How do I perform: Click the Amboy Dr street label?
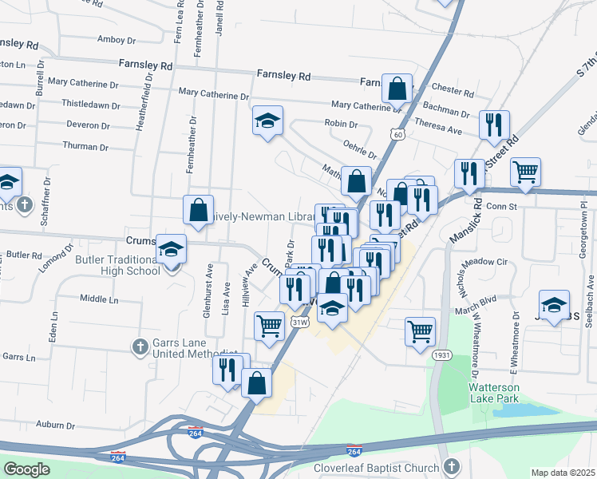[x=117, y=39]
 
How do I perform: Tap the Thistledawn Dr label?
[x=91, y=104]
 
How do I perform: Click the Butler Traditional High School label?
[x=117, y=265]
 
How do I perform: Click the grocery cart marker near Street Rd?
[x=525, y=171]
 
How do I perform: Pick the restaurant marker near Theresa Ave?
[x=493, y=125]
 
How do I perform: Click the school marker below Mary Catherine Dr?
[x=268, y=121]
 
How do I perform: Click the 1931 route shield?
[x=440, y=354]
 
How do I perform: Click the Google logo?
[x=26, y=469]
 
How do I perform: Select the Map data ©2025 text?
[x=563, y=473]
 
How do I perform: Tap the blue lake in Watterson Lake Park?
[x=520, y=410]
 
